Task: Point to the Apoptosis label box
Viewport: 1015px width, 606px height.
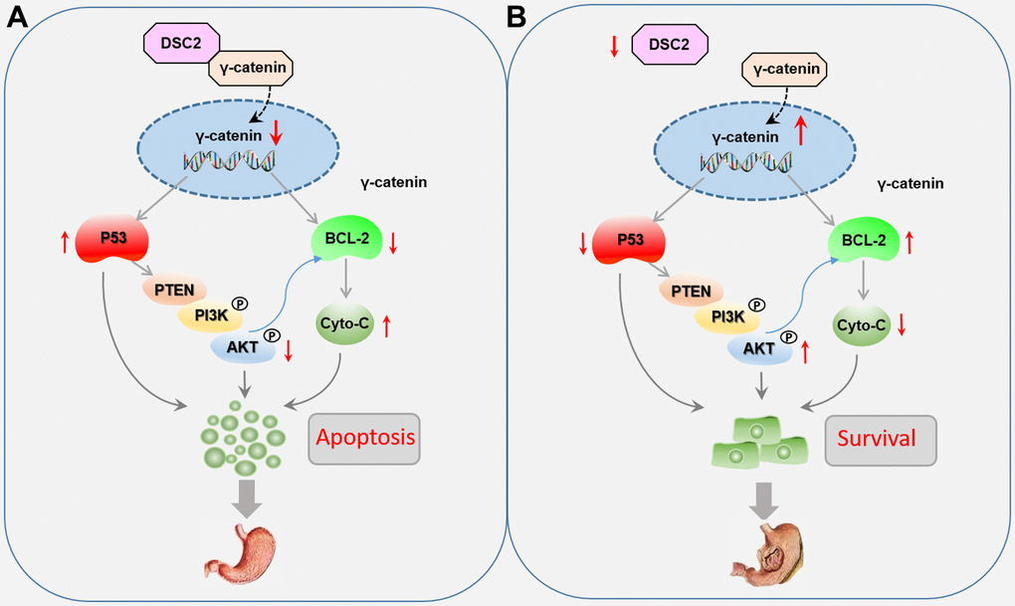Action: pyautogui.click(x=364, y=437)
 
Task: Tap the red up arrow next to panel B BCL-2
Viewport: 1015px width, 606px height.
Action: pyautogui.click(x=911, y=241)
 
